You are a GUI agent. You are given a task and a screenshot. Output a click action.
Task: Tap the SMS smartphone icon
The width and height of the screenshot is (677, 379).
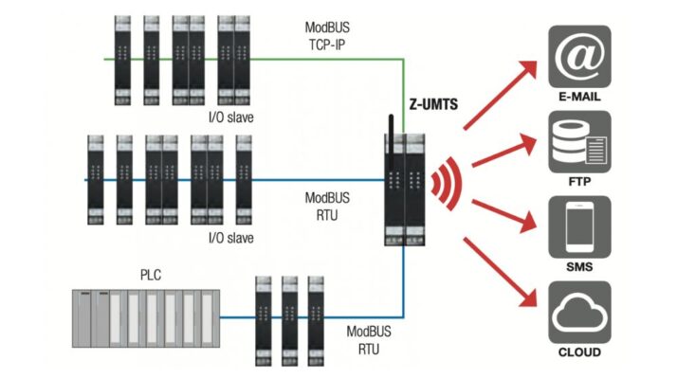[579, 226]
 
